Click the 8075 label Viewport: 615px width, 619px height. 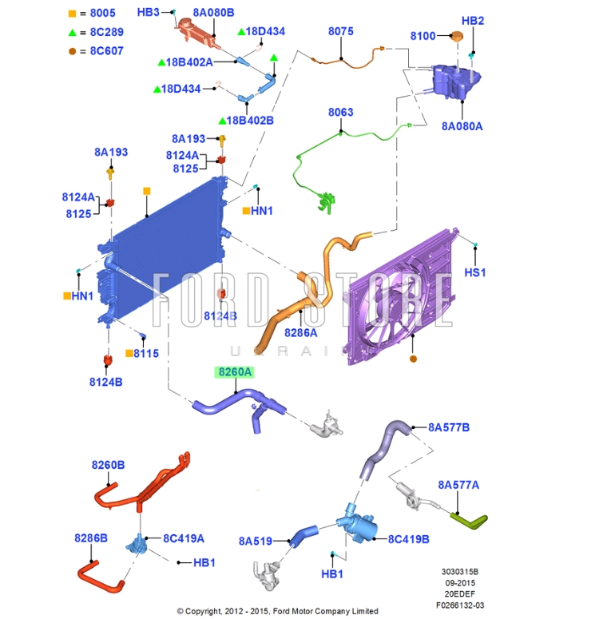click(341, 31)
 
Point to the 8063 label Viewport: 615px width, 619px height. click(341, 113)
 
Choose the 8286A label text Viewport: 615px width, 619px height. click(301, 332)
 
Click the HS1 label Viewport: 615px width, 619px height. click(475, 272)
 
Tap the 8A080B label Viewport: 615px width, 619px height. click(213, 13)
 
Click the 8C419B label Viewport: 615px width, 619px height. click(409, 539)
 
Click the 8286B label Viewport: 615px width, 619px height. click(91, 538)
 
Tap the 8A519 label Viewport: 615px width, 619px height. click(255, 541)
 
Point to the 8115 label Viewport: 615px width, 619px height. click(146, 353)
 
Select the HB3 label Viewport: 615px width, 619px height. click(149, 13)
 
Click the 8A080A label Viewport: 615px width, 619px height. click(462, 126)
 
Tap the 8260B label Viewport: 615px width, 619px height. click(108, 465)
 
